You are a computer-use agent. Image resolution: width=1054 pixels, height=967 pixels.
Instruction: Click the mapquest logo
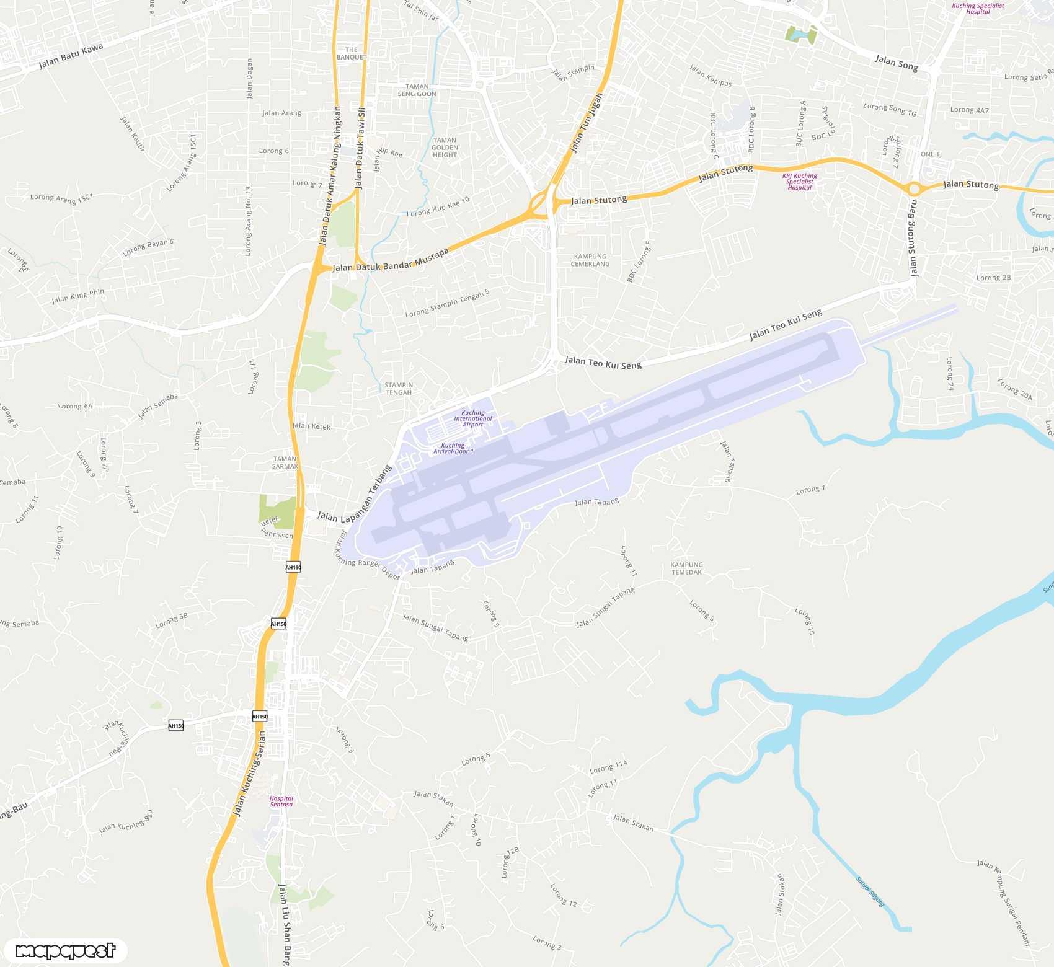pyautogui.click(x=65, y=950)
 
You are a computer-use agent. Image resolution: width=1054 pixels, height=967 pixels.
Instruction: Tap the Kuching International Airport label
pyautogui.click(x=472, y=418)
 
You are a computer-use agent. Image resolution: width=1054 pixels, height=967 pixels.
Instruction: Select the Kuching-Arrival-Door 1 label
pyautogui.click(x=453, y=448)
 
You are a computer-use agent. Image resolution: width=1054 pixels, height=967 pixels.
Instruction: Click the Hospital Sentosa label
pyautogui.click(x=281, y=801)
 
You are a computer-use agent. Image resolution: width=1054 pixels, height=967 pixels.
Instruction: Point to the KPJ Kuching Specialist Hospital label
pyautogui.click(x=800, y=182)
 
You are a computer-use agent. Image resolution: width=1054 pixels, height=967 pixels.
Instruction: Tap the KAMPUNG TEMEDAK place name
pyautogui.click(x=686, y=568)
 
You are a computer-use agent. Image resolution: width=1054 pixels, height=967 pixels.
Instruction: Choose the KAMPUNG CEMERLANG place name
pyautogui.click(x=590, y=260)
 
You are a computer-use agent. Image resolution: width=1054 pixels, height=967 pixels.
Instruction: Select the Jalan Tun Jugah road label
pyautogui.click(x=586, y=123)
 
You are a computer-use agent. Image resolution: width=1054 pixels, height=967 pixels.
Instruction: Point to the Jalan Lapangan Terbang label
pyautogui.click(x=355, y=495)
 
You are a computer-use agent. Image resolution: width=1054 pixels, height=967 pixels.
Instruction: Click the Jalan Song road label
pyautogui.click(x=896, y=63)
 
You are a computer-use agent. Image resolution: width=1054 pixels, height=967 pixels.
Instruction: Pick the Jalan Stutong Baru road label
pyautogui.click(x=912, y=238)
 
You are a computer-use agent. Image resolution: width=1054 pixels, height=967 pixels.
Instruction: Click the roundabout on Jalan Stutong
pyautogui.click(x=914, y=188)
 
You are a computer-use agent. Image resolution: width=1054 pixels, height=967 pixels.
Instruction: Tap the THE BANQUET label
pyautogui.click(x=352, y=53)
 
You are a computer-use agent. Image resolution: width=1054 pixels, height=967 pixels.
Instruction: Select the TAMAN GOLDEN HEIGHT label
pyautogui.click(x=445, y=148)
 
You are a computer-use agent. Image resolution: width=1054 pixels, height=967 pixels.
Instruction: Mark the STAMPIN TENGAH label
pyautogui.click(x=399, y=389)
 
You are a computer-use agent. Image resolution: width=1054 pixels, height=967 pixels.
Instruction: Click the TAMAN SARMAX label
pyautogui.click(x=285, y=462)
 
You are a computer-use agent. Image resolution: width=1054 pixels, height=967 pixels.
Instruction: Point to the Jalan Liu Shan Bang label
pyautogui.click(x=284, y=924)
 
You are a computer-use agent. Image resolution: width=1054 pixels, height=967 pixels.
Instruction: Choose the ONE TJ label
pyautogui.click(x=931, y=154)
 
